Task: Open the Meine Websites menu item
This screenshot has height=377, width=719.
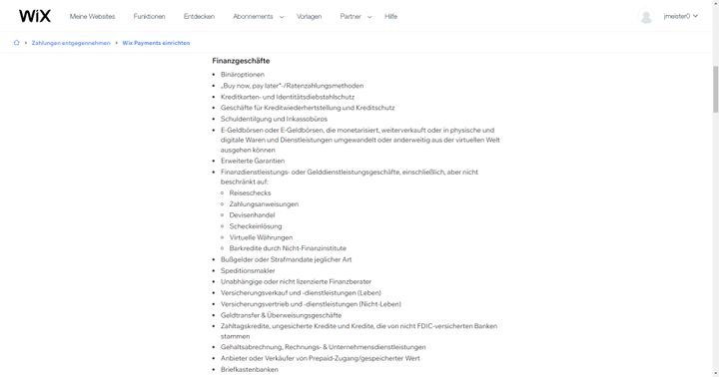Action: pyautogui.click(x=92, y=17)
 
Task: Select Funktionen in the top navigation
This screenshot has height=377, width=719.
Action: pyautogui.click(x=150, y=17)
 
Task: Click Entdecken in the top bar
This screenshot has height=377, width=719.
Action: pyautogui.click(x=199, y=17)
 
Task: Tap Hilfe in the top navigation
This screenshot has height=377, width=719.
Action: pyautogui.click(x=390, y=17)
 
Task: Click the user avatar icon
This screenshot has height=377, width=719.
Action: pyautogui.click(x=646, y=17)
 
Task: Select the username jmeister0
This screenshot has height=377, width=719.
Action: pyautogui.click(x=676, y=17)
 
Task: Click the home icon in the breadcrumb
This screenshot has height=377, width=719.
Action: pyautogui.click(x=16, y=43)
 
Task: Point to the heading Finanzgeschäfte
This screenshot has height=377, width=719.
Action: pyautogui.click(x=241, y=61)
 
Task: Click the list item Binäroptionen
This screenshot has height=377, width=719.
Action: pyautogui.click(x=245, y=74)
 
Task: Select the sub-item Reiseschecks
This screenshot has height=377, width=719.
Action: pyautogui.click(x=248, y=193)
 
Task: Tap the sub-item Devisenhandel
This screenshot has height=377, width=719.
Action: pyautogui.click(x=252, y=214)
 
